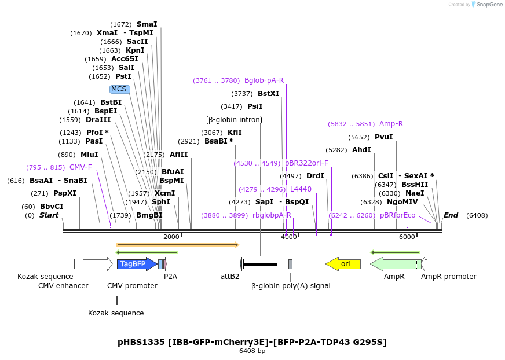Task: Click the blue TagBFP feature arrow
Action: click(x=137, y=264)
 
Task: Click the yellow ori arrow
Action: click(x=343, y=264)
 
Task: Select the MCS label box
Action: click(x=119, y=89)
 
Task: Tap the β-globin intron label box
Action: click(x=234, y=120)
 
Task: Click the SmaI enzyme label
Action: click(x=147, y=24)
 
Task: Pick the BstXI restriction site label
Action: click(x=268, y=94)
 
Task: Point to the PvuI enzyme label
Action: click(x=383, y=137)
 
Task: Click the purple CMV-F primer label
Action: click(x=80, y=167)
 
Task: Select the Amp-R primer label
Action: click(x=391, y=124)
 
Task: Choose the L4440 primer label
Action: click(x=301, y=189)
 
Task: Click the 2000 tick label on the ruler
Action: click(x=171, y=237)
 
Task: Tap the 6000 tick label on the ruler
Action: click(x=407, y=237)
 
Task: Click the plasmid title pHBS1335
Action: click(x=252, y=342)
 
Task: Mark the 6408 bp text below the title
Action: click(x=252, y=351)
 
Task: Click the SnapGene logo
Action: click(x=486, y=5)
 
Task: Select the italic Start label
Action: click(x=49, y=215)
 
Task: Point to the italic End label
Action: click(x=451, y=215)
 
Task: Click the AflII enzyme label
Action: click(x=179, y=155)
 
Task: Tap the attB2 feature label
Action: click(x=230, y=277)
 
